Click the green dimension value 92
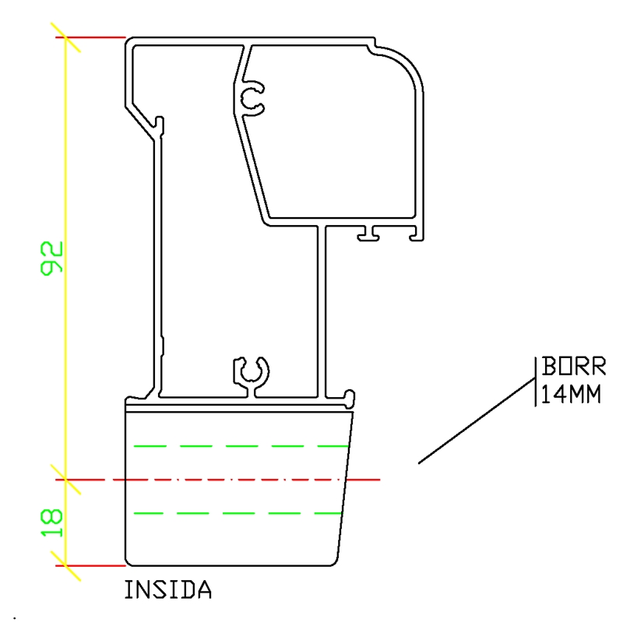(51, 258)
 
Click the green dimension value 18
(51, 522)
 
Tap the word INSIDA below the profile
(168, 589)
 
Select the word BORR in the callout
(573, 366)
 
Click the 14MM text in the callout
(571, 395)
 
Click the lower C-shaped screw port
(251, 371)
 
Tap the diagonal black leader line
(477, 420)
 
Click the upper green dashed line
(241, 446)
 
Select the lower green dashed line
(238, 513)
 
